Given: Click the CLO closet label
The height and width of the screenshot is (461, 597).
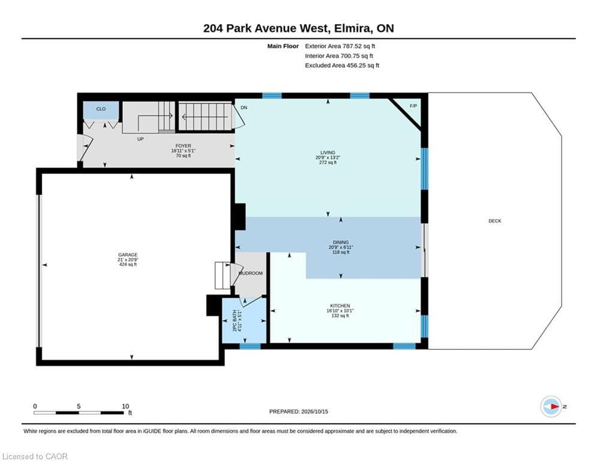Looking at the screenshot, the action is point(101,109).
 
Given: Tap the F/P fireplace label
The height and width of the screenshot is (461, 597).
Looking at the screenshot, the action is point(413,106).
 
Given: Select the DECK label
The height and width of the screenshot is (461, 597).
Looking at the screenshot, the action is point(495,221).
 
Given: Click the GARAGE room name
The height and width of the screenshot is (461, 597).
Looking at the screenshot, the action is point(128,255).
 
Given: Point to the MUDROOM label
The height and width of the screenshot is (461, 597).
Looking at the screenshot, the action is point(251,273).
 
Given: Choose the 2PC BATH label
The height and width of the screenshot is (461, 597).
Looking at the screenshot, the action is point(235,321).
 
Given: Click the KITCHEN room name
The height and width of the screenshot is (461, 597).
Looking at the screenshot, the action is point(340,306).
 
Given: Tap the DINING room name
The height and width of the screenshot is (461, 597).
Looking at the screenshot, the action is point(341,243).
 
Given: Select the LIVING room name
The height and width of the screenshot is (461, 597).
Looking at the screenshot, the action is point(328,152).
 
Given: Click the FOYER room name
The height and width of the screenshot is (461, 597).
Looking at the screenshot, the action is point(183,146).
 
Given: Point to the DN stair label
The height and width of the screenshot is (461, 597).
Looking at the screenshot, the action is point(244,108).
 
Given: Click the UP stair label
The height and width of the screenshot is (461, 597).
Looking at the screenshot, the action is point(140,139).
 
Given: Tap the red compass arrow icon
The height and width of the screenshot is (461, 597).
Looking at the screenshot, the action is point(555,406).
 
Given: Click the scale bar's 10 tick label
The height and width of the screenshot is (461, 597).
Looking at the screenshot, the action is point(125,406).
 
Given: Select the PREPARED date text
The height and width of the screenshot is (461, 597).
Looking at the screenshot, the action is point(299,411).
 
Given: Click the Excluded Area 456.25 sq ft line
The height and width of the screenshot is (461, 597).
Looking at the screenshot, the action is point(342,65).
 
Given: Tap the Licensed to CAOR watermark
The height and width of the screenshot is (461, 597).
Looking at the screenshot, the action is point(35,456).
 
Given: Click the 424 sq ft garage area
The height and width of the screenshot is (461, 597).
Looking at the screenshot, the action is point(128,264).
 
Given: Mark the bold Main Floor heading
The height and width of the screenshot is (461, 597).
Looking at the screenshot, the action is point(283,46).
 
